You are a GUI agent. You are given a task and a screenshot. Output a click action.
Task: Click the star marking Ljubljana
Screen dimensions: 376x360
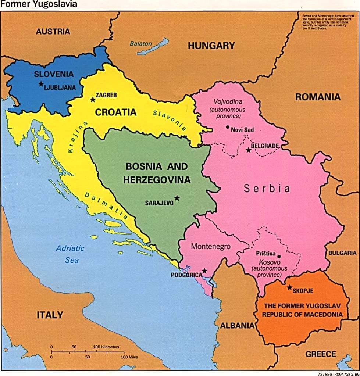click(41, 84)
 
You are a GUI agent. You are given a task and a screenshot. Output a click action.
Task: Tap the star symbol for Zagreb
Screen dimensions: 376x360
click(93, 100)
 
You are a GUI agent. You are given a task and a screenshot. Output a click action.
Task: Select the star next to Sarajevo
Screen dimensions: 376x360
click(177, 198)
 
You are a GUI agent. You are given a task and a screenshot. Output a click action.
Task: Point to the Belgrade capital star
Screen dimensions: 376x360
click(249, 150)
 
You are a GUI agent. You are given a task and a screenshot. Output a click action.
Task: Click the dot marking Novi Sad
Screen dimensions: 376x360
click(228, 127)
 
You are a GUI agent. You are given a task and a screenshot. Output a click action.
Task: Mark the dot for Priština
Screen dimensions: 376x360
click(279, 257)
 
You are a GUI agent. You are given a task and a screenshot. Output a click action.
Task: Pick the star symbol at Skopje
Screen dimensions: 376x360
click(290, 288)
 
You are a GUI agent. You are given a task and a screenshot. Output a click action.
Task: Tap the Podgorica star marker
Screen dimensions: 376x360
click(204, 271)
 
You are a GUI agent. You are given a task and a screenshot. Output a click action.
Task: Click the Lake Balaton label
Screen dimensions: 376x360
click(140, 43)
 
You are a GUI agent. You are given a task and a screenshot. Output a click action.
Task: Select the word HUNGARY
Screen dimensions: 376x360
click(211, 46)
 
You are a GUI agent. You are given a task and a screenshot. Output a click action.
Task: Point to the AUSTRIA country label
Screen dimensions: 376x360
click(53, 32)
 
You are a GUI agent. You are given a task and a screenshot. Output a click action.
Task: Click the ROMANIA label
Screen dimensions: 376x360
click(318, 97)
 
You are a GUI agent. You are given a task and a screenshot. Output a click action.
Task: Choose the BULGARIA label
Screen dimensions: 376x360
click(342, 253)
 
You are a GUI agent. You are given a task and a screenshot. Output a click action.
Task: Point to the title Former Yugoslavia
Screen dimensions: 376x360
click(26, 4)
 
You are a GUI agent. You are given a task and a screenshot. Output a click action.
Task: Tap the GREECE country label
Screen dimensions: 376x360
click(320, 354)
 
